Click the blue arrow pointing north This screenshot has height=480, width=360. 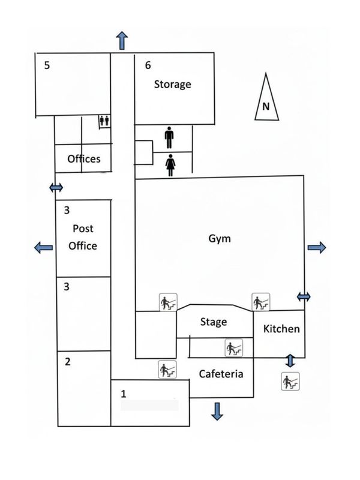[122, 40]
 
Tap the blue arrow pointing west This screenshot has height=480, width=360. [43, 247]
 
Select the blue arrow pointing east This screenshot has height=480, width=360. [317, 247]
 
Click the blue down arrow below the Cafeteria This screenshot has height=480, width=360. [217, 412]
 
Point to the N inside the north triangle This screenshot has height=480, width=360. [266, 107]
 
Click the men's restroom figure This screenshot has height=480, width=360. [169, 137]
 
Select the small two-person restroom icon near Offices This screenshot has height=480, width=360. [104, 121]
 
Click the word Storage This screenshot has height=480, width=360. [173, 84]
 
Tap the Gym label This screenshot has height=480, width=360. [220, 238]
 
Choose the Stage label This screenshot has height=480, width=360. [214, 322]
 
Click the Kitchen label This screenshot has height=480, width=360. [281, 329]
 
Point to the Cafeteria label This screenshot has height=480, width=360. [221, 374]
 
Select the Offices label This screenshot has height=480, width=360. [84, 158]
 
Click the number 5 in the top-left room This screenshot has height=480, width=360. [47, 65]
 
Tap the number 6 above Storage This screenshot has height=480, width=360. [148, 65]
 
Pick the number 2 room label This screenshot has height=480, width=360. [68, 362]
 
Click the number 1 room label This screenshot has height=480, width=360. [124, 394]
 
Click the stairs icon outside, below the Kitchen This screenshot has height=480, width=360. [290, 381]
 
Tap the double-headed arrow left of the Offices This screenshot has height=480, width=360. [56, 187]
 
